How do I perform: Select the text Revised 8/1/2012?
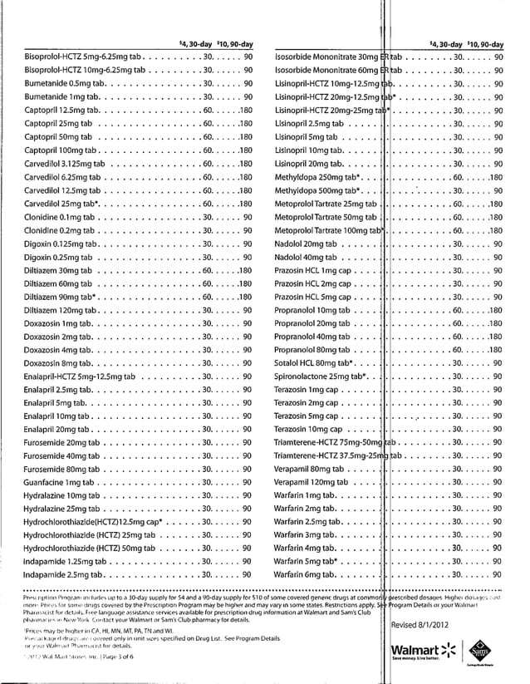coord(423,624)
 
